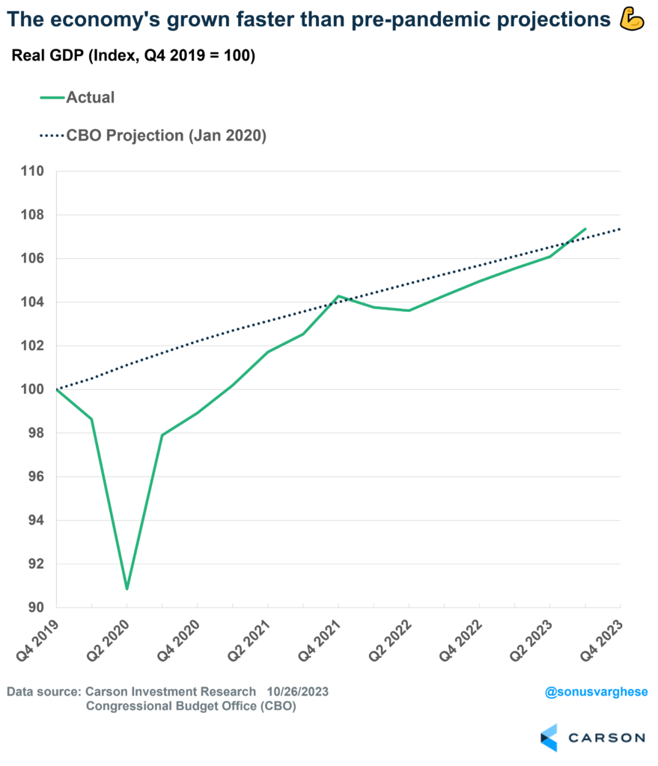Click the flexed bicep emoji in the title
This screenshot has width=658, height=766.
click(x=633, y=21)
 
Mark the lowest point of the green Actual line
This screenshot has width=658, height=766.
click(x=127, y=589)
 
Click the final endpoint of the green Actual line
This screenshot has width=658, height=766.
click(x=585, y=229)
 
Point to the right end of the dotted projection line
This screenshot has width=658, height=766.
click(x=620, y=230)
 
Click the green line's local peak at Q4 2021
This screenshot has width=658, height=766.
click(x=338, y=296)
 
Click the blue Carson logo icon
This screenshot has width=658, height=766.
click(x=549, y=737)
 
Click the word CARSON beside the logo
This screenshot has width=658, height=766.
click(x=606, y=738)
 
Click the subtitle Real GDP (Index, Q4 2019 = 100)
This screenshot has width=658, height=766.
click(x=134, y=57)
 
